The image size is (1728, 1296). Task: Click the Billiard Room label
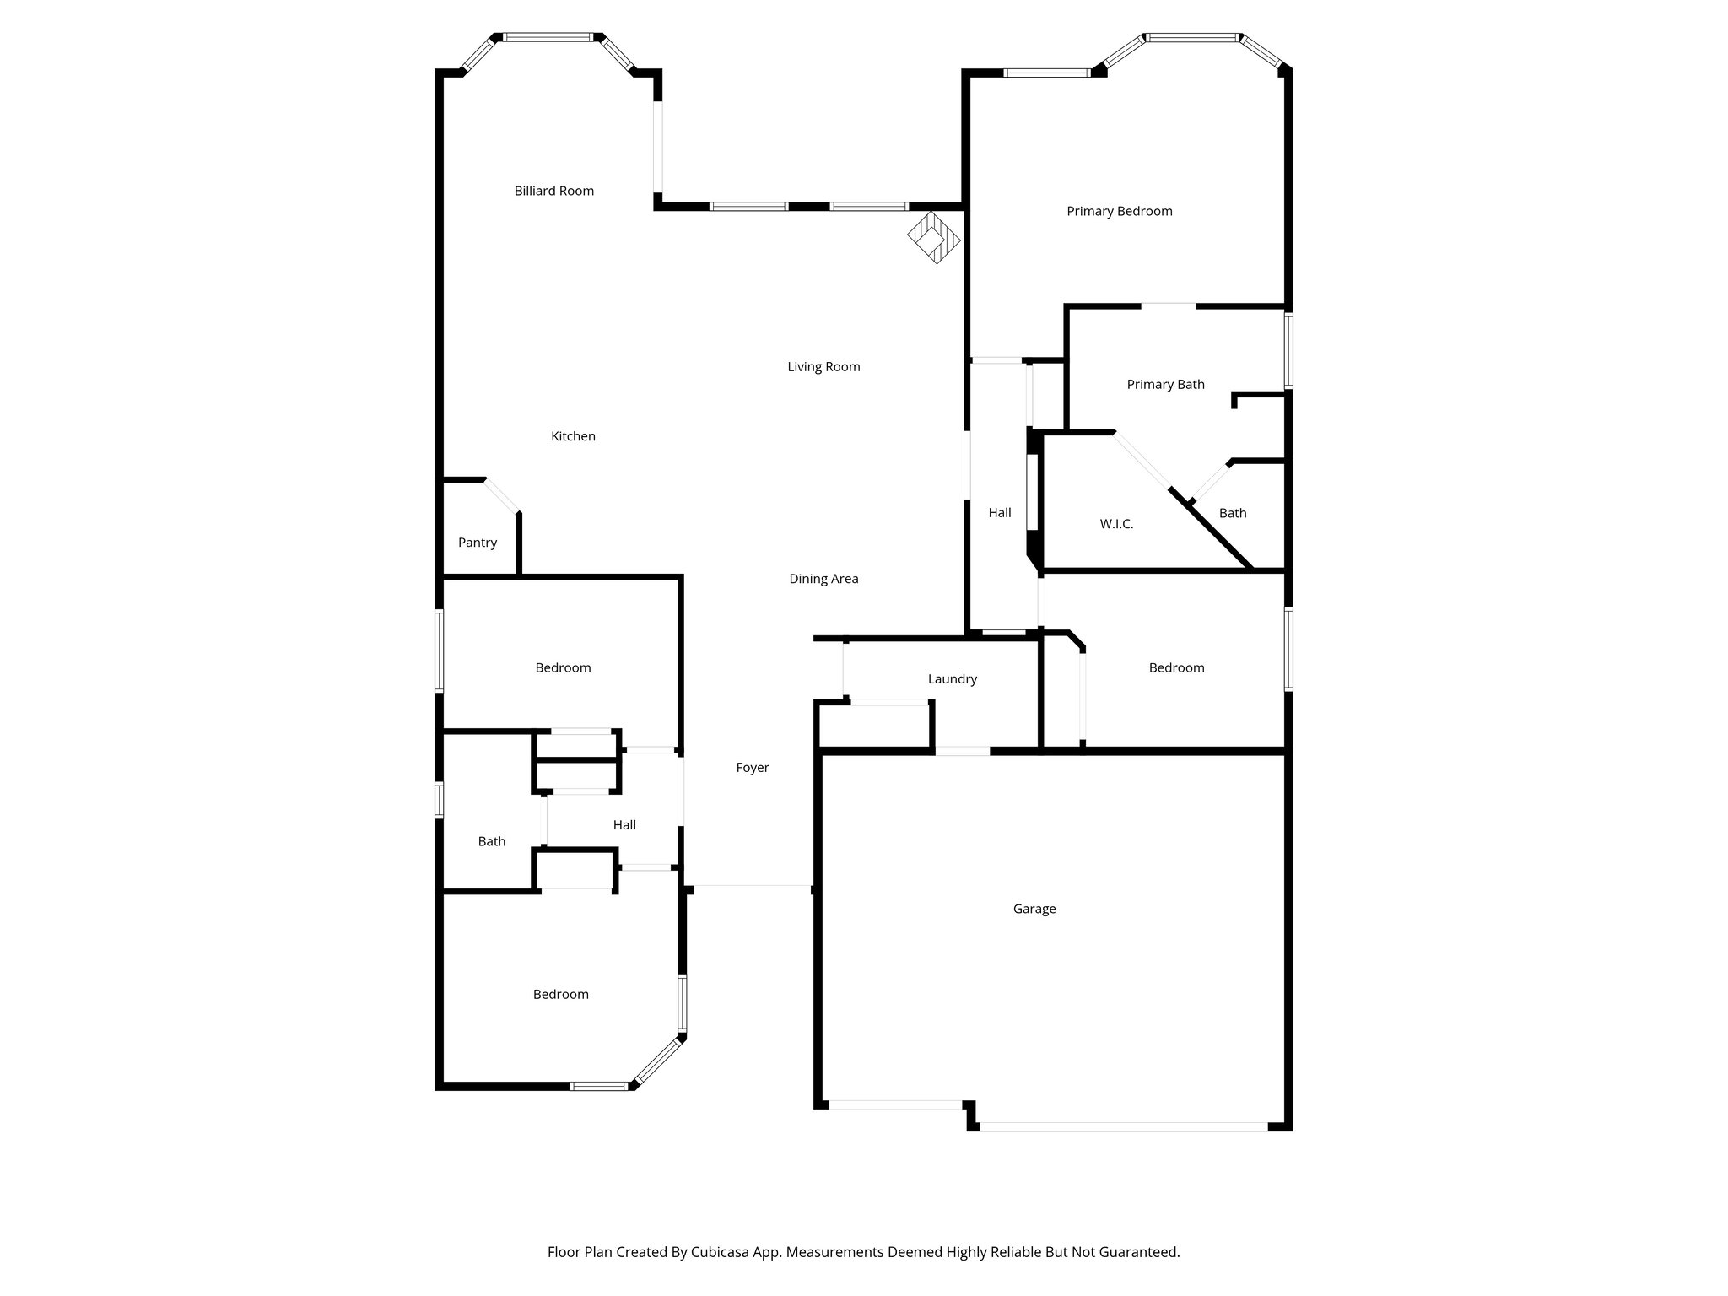(554, 191)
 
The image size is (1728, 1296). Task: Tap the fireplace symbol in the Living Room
(933, 238)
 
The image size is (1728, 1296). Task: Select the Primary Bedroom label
(1119, 211)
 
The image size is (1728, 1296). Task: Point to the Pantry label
(478, 543)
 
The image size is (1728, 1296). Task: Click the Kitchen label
(573, 436)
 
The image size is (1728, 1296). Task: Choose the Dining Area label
(823, 579)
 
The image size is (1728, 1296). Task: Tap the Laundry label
(952, 679)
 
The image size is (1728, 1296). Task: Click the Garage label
(1034, 909)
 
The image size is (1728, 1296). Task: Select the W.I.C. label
(1116, 524)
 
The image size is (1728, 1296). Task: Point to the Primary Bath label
(1165, 385)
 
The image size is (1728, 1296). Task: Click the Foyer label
(753, 768)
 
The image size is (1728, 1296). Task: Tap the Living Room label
(823, 367)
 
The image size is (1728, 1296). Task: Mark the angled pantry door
(502, 495)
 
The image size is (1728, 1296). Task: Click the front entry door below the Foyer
(752, 886)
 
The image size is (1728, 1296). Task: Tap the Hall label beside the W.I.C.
(1000, 513)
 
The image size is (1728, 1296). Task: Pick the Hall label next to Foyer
(624, 825)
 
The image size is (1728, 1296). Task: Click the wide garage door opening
(1122, 1126)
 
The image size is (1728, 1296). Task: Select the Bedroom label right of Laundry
(1176, 668)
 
